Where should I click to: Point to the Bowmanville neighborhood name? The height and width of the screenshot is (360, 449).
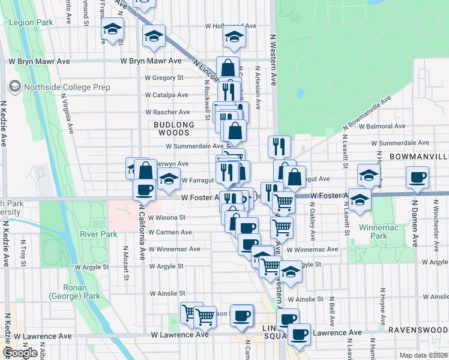click(418, 156)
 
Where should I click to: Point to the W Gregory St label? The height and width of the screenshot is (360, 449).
click(164, 77)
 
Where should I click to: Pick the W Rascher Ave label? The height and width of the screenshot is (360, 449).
click(167, 112)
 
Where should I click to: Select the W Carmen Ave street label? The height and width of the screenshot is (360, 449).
click(170, 232)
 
